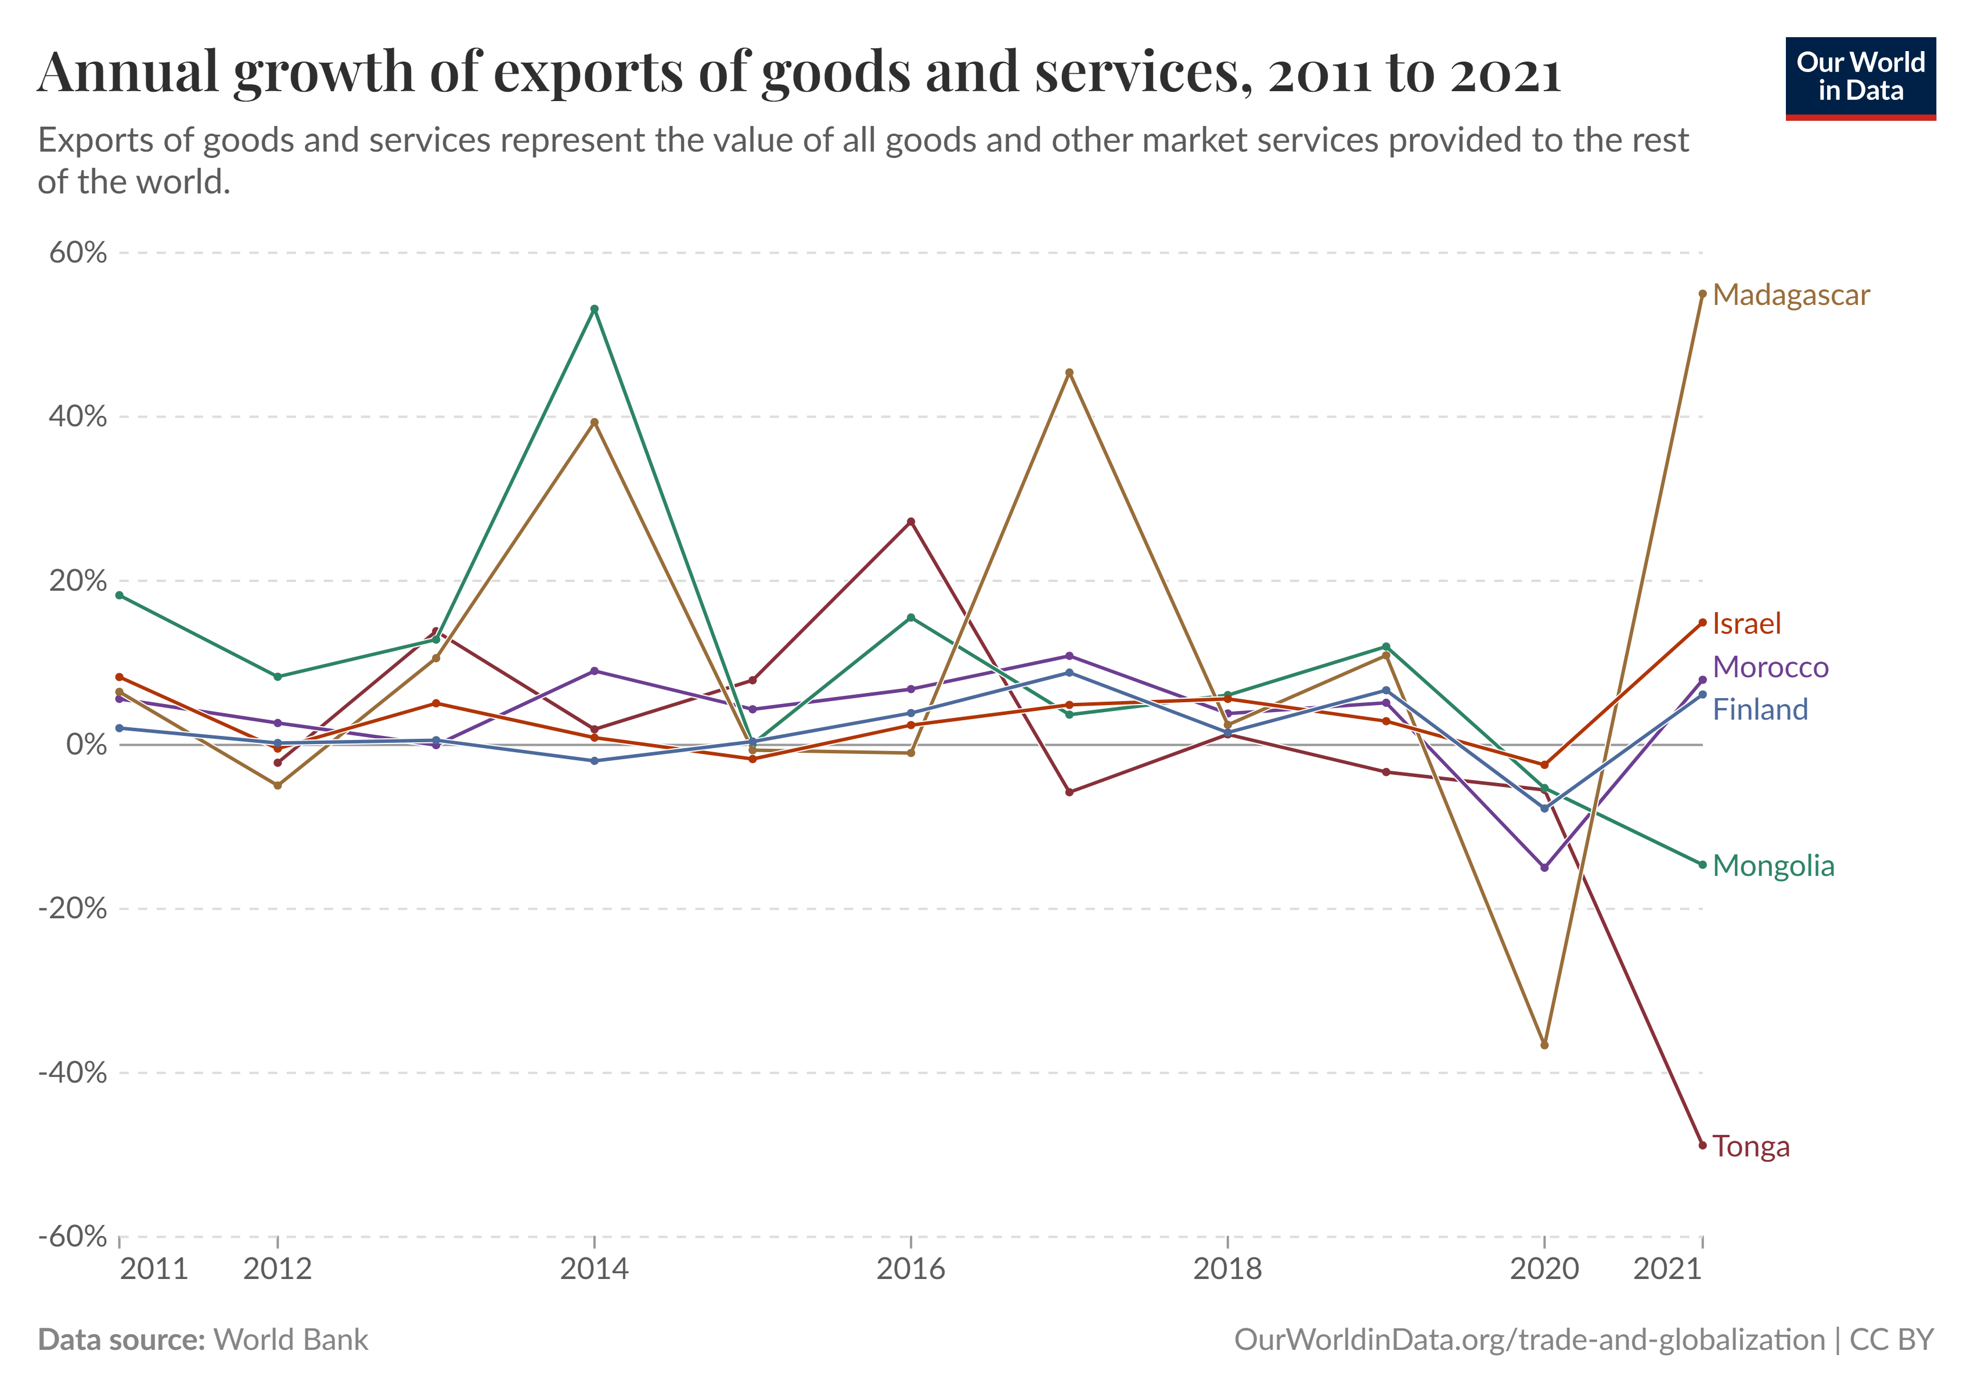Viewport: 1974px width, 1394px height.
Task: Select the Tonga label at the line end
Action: pyautogui.click(x=1750, y=1147)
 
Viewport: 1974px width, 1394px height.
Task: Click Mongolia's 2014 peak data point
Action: pyautogui.click(x=594, y=309)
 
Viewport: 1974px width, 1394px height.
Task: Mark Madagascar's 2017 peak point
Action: pyautogui.click(x=1069, y=372)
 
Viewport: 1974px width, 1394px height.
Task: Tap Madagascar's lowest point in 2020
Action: pyautogui.click(x=1544, y=1045)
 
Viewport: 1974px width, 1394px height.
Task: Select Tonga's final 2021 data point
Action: pyautogui.click(x=1702, y=1145)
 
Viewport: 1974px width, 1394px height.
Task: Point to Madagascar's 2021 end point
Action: pyautogui.click(x=1702, y=294)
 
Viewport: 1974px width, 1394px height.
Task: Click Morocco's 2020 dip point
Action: pyautogui.click(x=1544, y=868)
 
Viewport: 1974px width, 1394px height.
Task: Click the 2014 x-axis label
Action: pyautogui.click(x=594, y=1269)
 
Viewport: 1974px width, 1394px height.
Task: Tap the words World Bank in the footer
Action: pyautogui.click(x=291, y=1340)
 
